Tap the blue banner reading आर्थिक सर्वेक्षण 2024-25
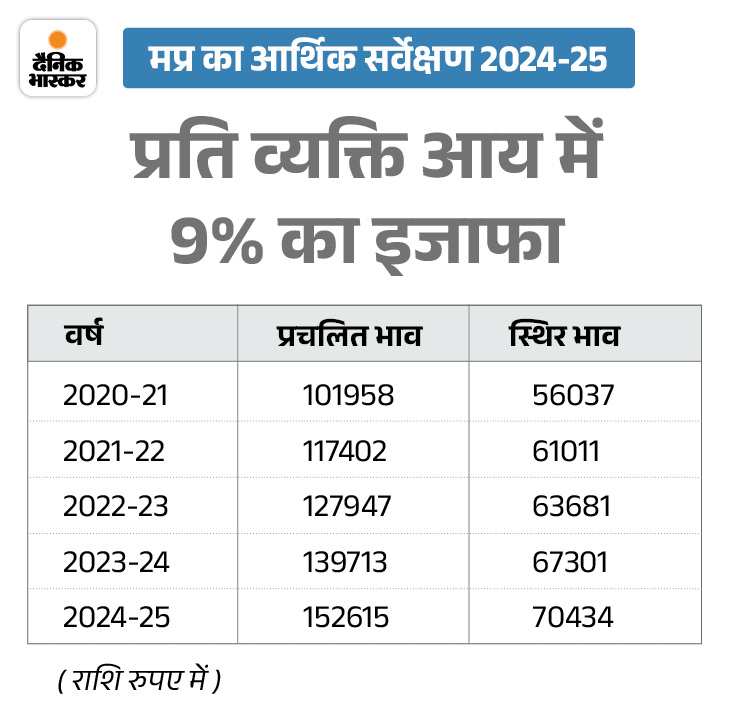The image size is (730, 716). [x=378, y=58]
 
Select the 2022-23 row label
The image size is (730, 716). [x=116, y=506]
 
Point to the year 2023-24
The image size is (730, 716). [x=116, y=562]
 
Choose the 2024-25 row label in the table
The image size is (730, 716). [x=116, y=617]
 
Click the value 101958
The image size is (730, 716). [x=348, y=395]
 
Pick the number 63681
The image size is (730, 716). [x=571, y=506]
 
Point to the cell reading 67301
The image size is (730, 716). [x=570, y=562]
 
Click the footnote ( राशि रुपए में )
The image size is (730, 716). [x=139, y=682]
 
